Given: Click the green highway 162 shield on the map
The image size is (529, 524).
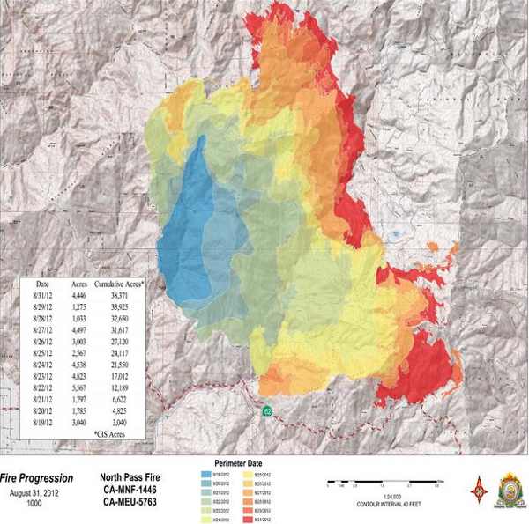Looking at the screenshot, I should pyautogui.click(x=265, y=410).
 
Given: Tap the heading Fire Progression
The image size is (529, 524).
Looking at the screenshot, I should pyautogui.click(x=36, y=478).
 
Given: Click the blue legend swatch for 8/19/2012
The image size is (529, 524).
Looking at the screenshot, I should pyautogui.click(x=207, y=473).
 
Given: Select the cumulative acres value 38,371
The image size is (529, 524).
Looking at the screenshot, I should pyautogui.click(x=117, y=299).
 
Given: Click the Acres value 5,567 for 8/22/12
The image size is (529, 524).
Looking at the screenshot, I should pyautogui.click(x=79, y=388).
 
